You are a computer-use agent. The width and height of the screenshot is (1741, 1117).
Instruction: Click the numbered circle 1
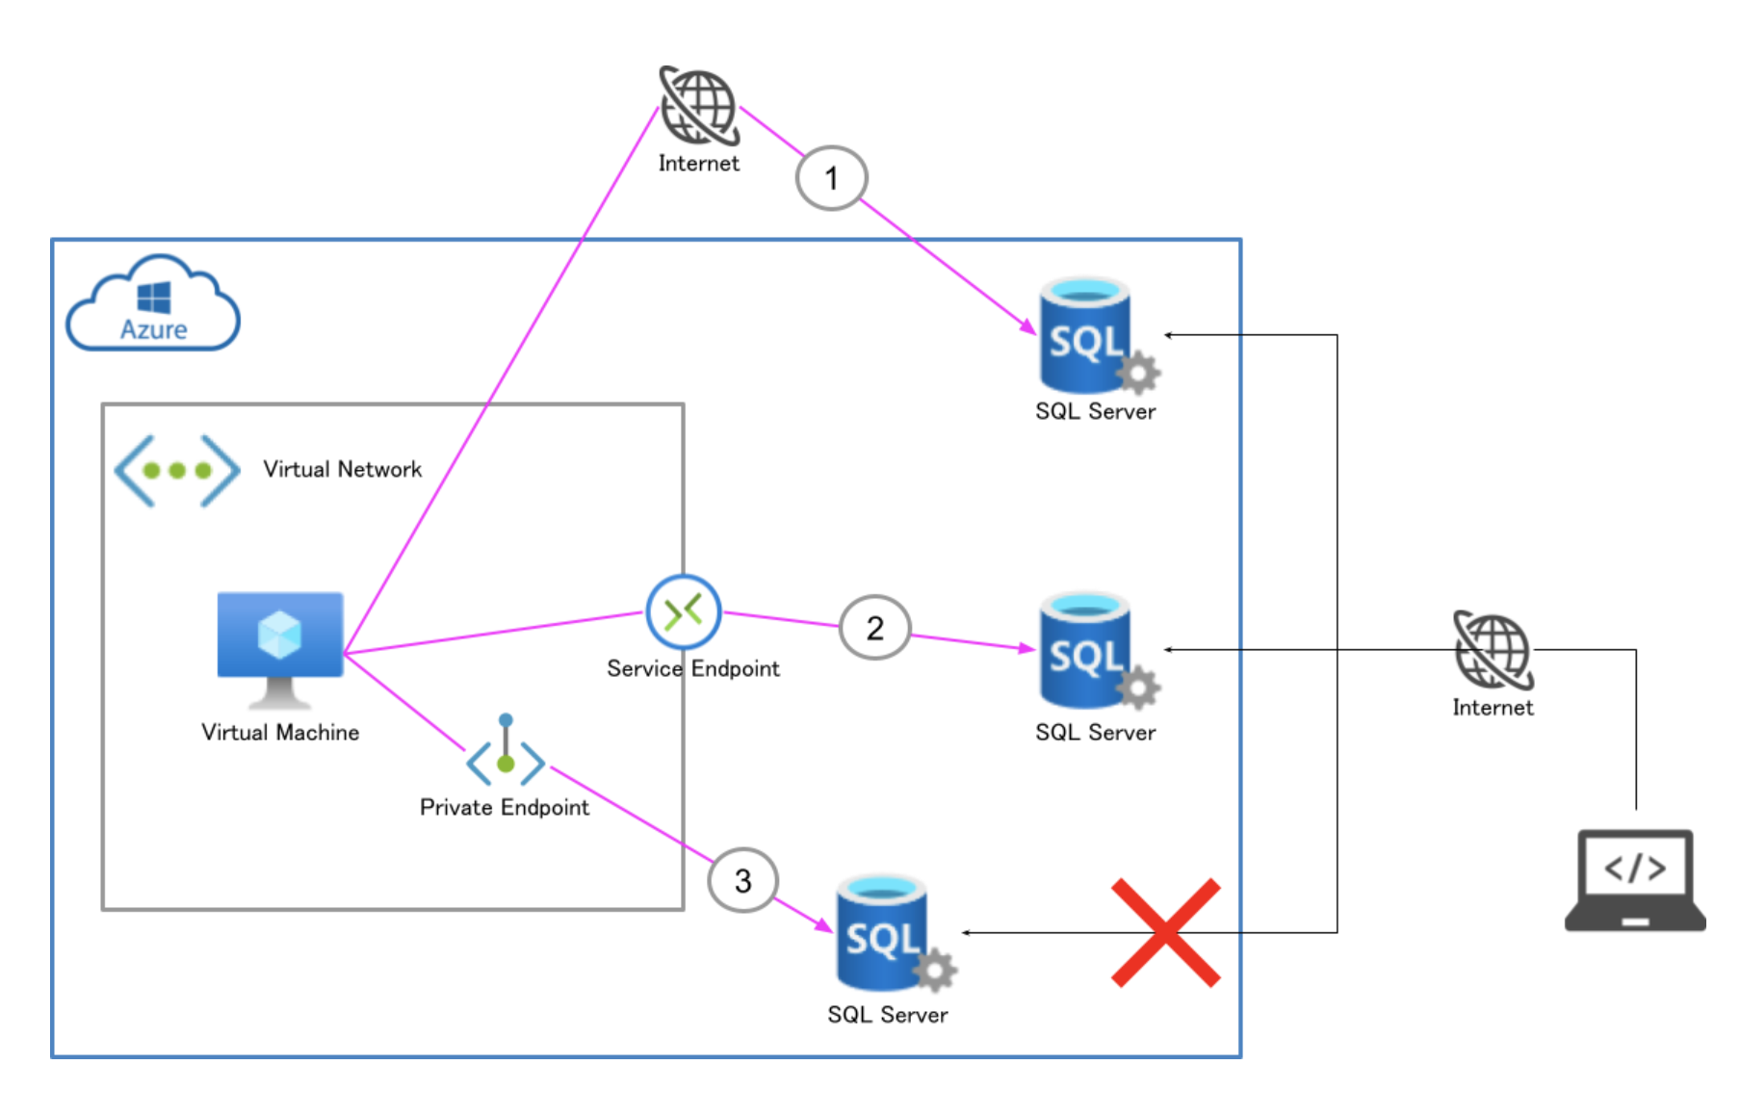coord(832,178)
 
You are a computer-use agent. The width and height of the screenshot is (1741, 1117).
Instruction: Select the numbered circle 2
coord(874,628)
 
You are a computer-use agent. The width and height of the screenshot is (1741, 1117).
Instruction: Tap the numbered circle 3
coord(742,880)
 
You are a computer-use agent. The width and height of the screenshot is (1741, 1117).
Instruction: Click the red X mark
coord(1165,932)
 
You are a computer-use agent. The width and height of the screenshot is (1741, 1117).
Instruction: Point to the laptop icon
coord(1635,879)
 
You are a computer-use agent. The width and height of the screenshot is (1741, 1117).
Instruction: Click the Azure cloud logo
coord(153,304)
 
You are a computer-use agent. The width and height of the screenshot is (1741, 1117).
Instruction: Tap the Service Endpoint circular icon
coord(684,612)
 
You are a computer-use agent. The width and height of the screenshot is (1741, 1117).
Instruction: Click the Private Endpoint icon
coord(506,754)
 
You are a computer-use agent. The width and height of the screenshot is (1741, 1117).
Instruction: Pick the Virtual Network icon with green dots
coord(177,470)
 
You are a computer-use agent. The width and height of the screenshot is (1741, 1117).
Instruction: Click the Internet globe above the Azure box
coord(699,105)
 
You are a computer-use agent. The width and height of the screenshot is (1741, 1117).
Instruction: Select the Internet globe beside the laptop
coord(1493,651)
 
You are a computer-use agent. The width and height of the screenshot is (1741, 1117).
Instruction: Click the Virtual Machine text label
coord(280,733)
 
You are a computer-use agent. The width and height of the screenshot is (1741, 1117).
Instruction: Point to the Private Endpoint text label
coord(505,807)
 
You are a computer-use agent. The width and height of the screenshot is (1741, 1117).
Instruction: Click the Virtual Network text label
coord(343,469)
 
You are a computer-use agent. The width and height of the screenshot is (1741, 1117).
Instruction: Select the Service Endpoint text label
coord(693,668)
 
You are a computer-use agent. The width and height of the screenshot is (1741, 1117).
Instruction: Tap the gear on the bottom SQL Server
coord(935,971)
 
